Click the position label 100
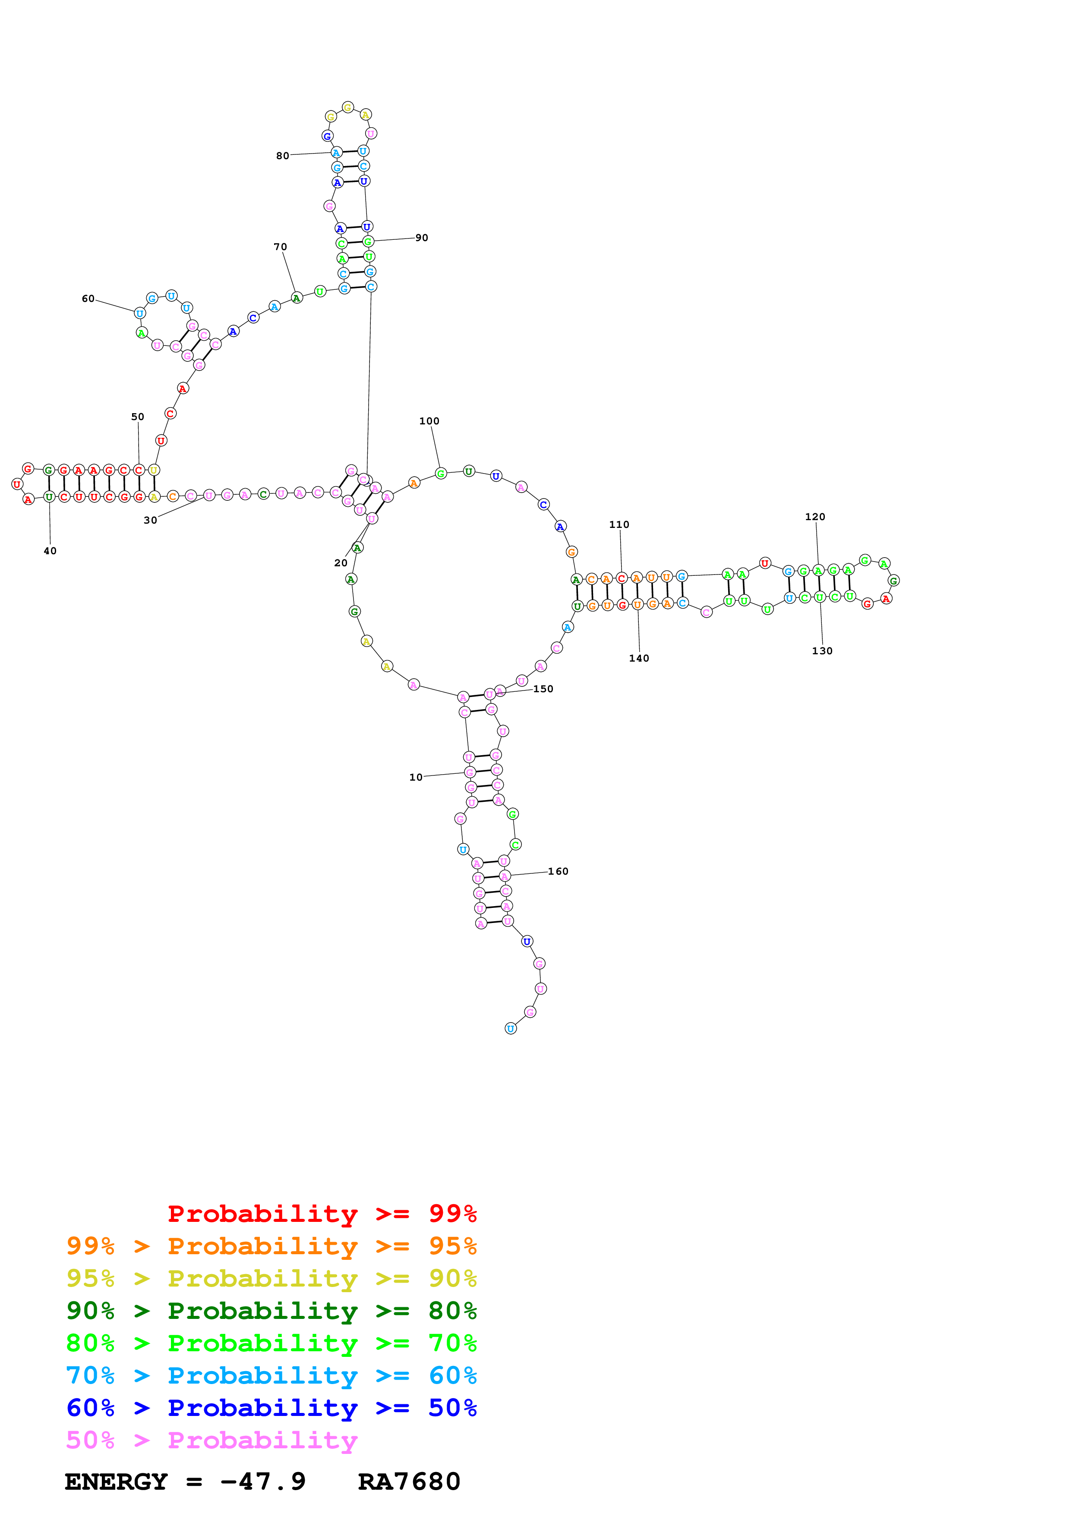429,421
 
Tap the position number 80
282,156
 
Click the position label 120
815,517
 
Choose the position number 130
822,651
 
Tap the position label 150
543,689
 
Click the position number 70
280,247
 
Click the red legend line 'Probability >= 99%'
322,1213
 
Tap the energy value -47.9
263,1482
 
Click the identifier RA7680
409,1482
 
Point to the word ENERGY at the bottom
116,1482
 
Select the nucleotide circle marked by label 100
441,473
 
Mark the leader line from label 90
394,239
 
